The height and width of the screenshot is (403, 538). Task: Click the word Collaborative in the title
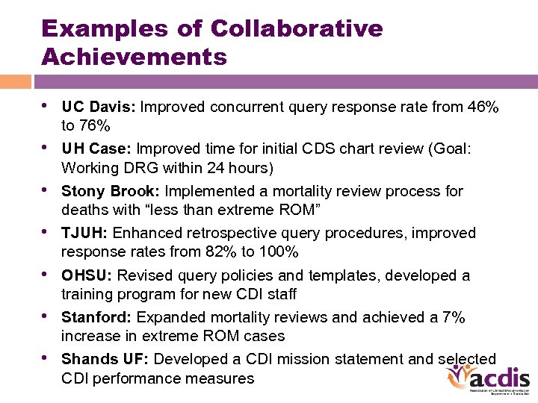click(x=297, y=29)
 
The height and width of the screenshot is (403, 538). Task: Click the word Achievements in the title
click(x=134, y=57)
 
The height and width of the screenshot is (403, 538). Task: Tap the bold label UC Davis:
click(x=98, y=107)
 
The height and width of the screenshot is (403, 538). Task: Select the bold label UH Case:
click(x=97, y=149)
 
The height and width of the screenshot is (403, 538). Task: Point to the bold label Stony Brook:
click(x=111, y=191)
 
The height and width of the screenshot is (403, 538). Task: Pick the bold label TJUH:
click(x=84, y=234)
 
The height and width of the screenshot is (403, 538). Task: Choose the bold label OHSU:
click(x=87, y=275)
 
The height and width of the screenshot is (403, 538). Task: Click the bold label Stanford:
click(x=96, y=318)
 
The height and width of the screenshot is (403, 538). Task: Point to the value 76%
click(x=96, y=125)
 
